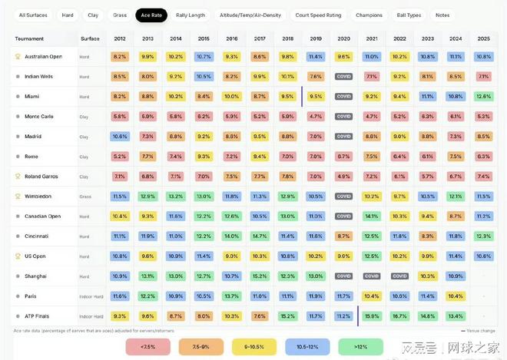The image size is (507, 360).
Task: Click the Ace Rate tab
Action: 151,15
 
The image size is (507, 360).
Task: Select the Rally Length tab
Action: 191,15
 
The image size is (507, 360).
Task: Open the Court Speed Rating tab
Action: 318,15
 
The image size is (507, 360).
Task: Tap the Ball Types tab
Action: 409,15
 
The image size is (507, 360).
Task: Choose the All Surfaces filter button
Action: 33,15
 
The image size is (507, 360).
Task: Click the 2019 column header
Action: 316,38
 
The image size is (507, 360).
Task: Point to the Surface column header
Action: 90,38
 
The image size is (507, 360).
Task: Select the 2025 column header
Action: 483,38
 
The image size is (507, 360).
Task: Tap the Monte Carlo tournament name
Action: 39,117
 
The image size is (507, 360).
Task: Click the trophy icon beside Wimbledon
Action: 18,197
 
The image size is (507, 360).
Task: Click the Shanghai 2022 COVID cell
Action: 399,276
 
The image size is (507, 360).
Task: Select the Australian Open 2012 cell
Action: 120,57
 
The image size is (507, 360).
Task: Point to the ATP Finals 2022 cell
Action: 399,315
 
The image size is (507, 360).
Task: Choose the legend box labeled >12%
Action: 362,347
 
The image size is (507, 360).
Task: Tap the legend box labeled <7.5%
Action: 148,347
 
